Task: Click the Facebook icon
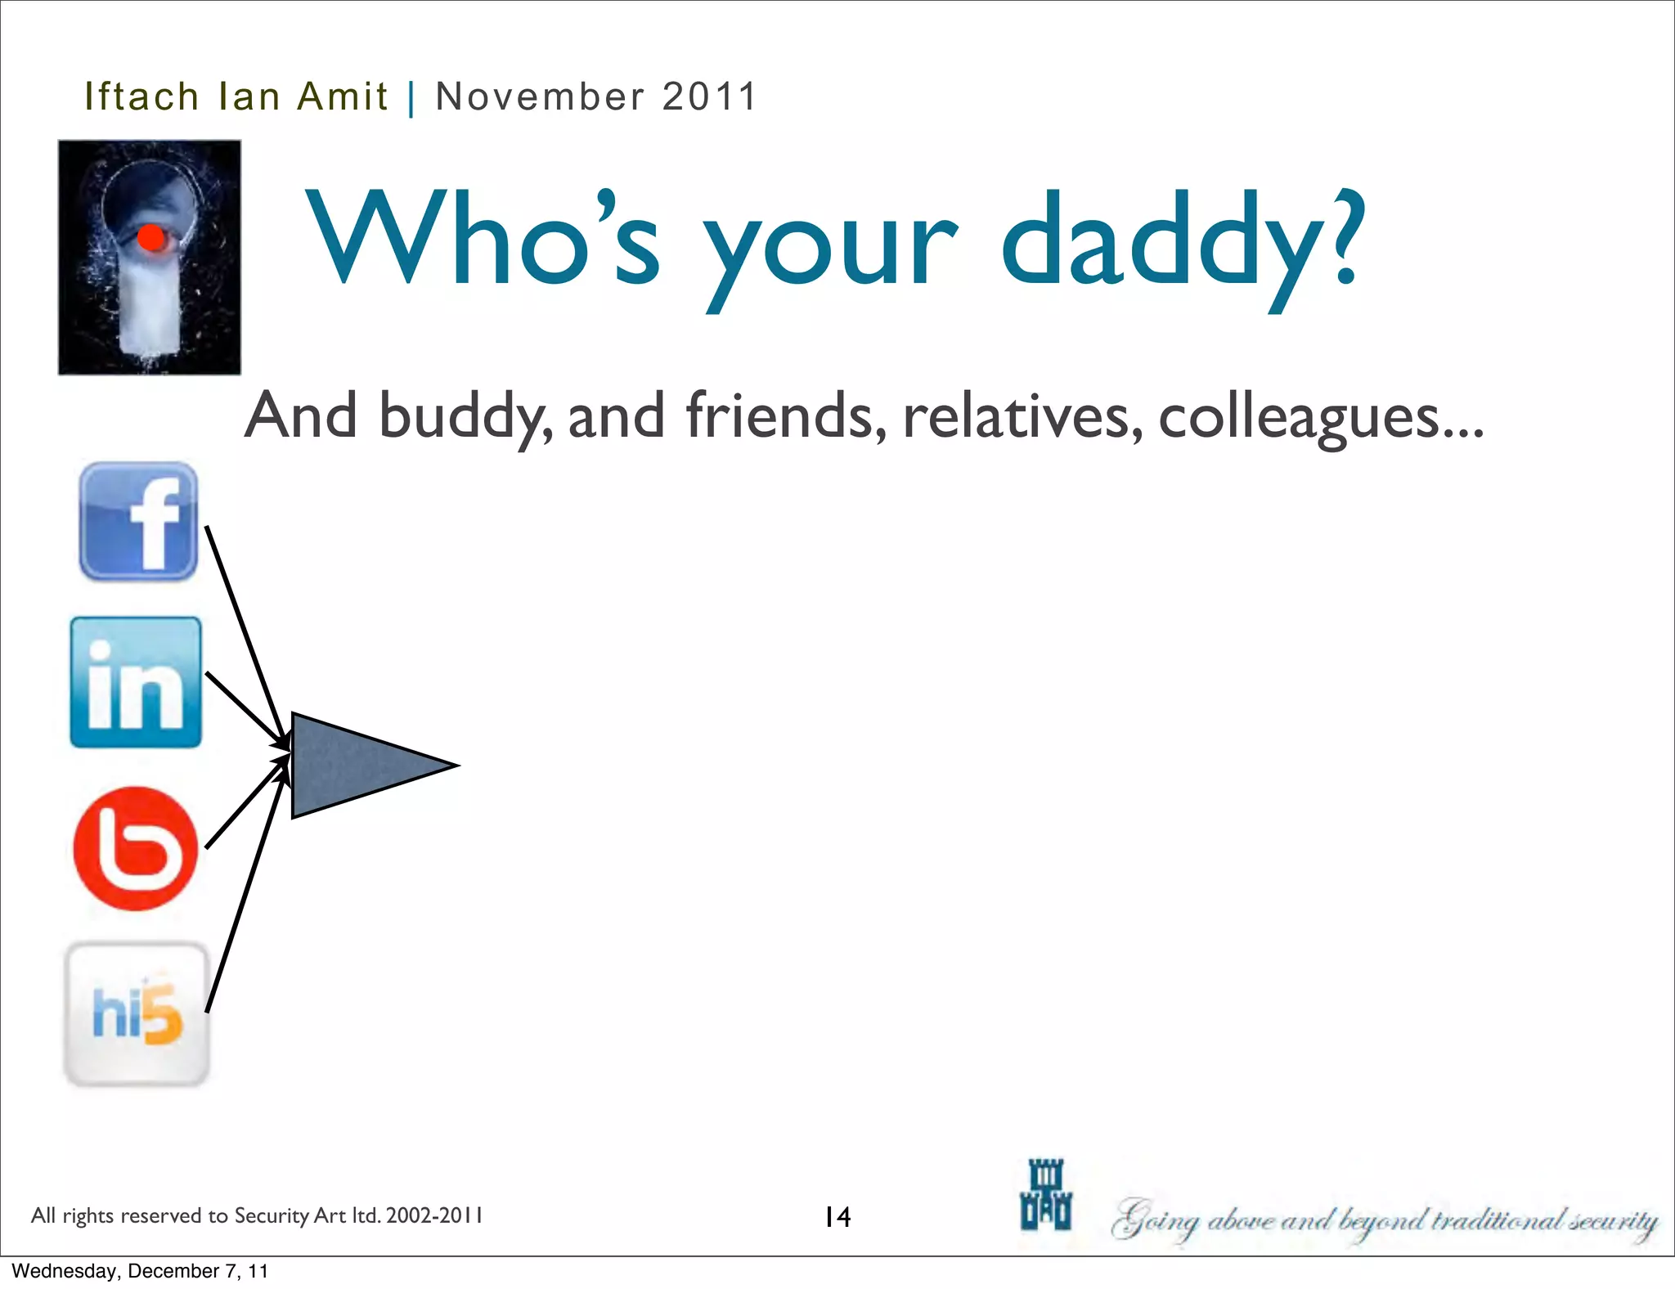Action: tap(138, 521)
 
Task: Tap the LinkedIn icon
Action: tap(136, 682)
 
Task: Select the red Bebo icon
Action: tap(136, 849)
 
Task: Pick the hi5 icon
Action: tap(137, 1014)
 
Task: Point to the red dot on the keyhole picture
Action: tap(151, 238)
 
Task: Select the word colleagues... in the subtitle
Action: tap(1320, 416)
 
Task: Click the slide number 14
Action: tap(837, 1217)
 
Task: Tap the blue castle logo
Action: tap(1045, 1195)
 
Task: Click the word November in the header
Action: tap(540, 97)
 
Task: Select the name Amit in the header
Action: tap(342, 97)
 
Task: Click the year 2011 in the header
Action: tap(709, 97)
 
